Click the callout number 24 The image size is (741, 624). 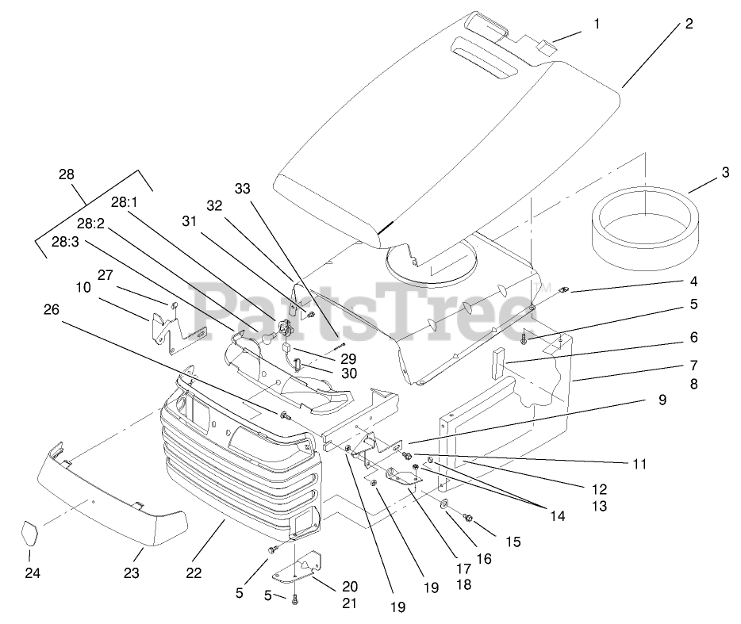pos(33,572)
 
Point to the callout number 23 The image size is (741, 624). pos(132,572)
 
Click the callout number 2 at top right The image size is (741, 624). pos(689,24)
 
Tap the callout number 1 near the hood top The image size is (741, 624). pos(596,24)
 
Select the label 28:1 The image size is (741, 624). pos(124,202)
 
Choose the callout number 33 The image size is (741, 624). pos(242,189)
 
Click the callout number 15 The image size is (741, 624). pos(513,542)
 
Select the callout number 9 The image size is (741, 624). pos(662,400)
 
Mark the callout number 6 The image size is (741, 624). pos(694,338)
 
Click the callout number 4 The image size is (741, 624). pos(693,281)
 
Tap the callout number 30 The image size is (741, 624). pos(348,373)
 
